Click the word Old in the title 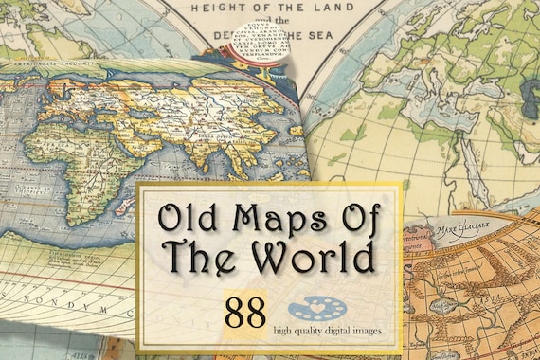[x=187, y=218]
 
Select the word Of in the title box [x=353, y=218]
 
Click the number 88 [x=243, y=314]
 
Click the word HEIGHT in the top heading [x=221, y=7]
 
